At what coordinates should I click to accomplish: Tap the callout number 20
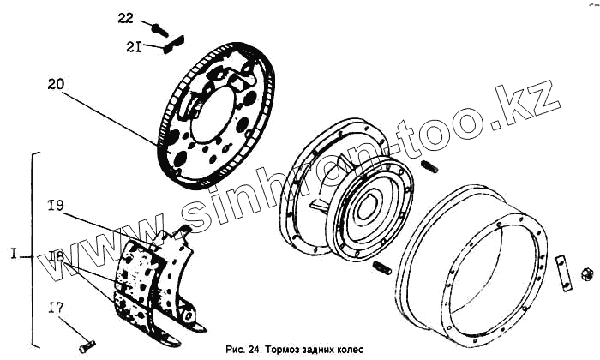(56, 84)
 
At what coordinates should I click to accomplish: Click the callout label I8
(56, 256)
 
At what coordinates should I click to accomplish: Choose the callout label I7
(56, 306)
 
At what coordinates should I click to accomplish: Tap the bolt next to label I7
(86, 346)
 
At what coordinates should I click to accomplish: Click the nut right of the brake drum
(587, 274)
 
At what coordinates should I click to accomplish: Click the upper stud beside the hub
(429, 165)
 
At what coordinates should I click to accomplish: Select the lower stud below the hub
(383, 270)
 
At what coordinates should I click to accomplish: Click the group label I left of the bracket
(15, 255)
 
